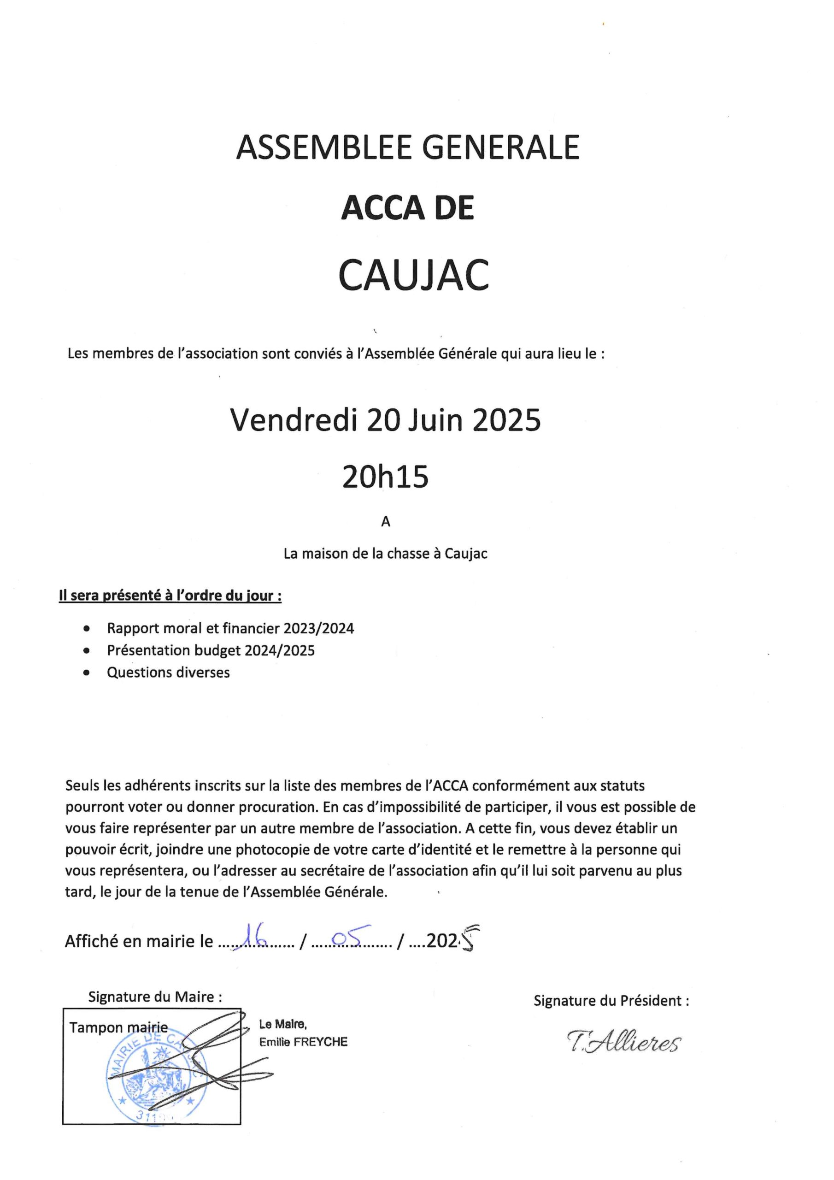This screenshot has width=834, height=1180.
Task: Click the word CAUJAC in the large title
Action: pos(414,276)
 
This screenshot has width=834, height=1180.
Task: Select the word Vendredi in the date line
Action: pos(294,420)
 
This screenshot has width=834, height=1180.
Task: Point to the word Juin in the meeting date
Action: pos(437,420)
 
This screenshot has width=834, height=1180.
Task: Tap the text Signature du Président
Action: pos(611,1001)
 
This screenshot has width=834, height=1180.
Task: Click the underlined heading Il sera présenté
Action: pos(170,596)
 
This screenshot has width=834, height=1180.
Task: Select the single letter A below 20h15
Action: pos(385,522)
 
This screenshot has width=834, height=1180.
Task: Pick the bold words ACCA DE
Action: pos(407,209)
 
